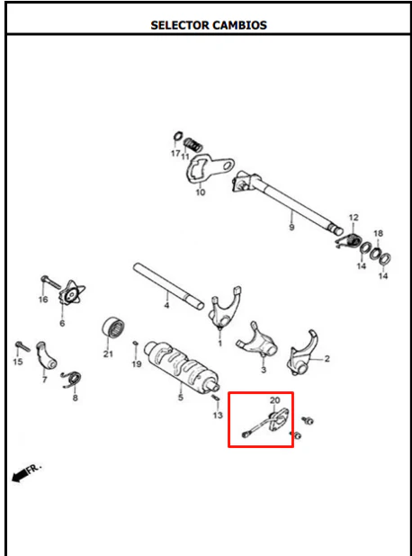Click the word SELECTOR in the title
coord(180,25)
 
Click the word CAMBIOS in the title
coord(239,25)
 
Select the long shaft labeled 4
coord(168,285)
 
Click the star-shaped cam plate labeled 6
coord(72,293)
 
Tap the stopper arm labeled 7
coord(45,355)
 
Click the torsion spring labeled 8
coord(72,380)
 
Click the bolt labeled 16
coord(50,282)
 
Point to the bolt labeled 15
coord(22,345)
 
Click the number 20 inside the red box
coord(274,400)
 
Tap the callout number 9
coord(291,227)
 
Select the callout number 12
coord(354,217)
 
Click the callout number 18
coord(379,233)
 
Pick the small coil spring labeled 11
coord(193,144)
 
